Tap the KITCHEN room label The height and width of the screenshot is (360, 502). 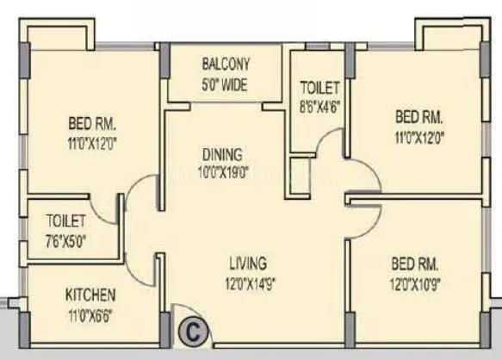90,295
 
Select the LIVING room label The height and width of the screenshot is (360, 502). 247,263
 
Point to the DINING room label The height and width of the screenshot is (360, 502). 222,154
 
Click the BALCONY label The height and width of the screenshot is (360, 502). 226,64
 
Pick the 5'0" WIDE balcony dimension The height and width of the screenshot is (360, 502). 226,84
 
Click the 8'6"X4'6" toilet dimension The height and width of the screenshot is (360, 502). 320,106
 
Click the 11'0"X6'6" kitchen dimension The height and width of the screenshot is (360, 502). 90,313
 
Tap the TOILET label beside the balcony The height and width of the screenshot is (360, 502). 320,88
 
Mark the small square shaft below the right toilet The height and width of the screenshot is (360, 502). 300,168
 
